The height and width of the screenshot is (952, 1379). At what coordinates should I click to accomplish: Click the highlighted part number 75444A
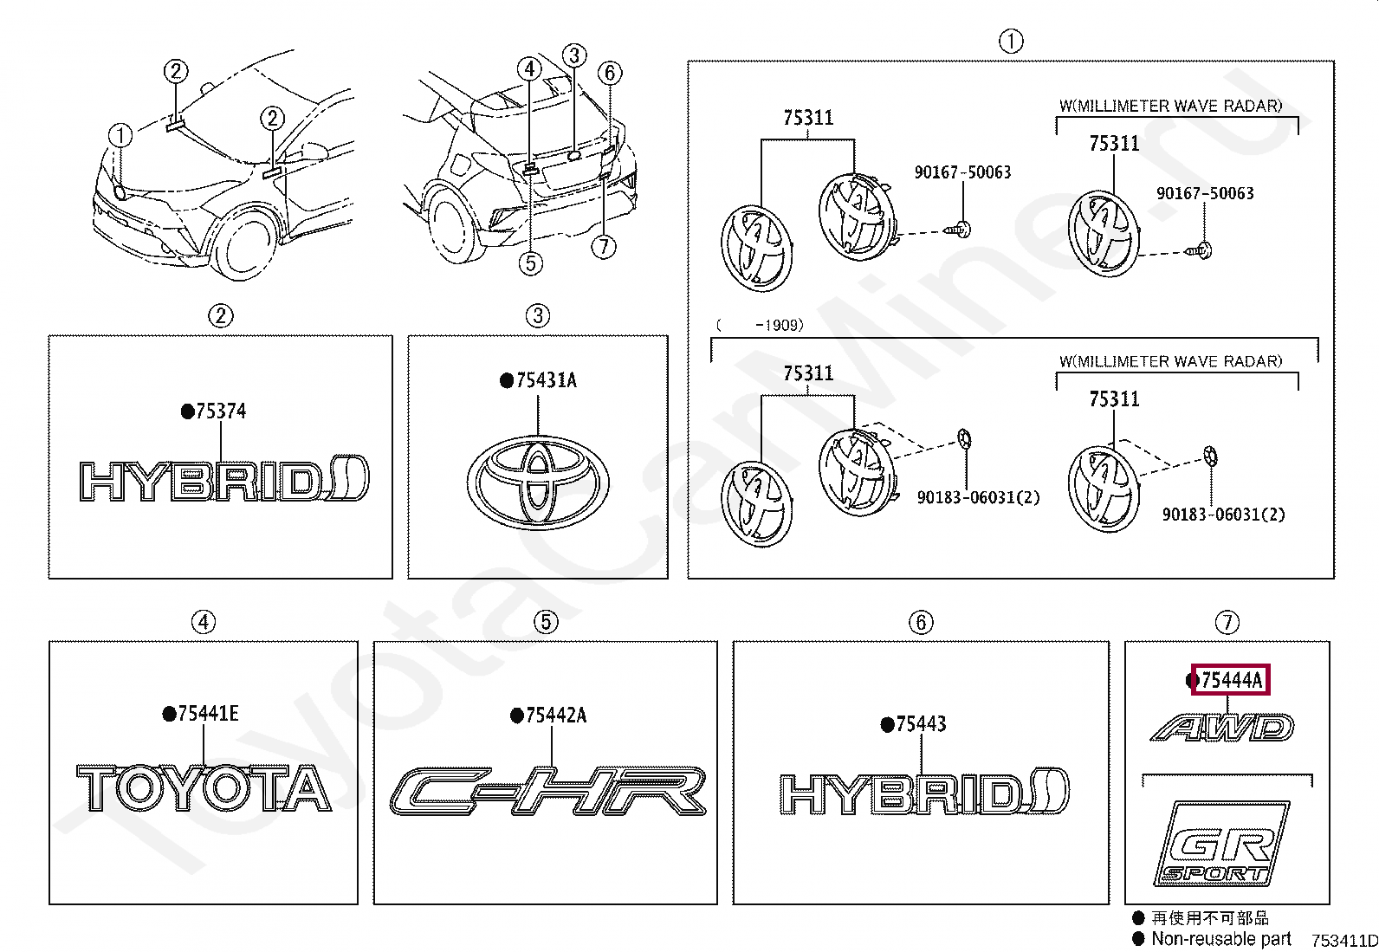coord(1230,680)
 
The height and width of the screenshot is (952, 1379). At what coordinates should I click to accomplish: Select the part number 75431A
coord(545,380)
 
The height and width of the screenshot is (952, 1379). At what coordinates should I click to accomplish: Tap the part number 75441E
coord(207,714)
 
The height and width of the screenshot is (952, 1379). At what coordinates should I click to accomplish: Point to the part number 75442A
coord(555,716)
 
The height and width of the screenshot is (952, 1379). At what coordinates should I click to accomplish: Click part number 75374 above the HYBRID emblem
coord(220,411)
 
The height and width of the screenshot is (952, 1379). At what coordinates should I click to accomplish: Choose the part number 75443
coord(920,724)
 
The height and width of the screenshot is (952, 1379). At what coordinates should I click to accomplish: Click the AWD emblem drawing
coord(1223,728)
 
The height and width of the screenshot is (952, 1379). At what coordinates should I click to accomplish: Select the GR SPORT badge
coord(1220,844)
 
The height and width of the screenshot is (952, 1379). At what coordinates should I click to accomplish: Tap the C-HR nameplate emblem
coord(547,791)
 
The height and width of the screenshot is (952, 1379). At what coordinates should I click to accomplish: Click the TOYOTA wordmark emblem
coord(204,788)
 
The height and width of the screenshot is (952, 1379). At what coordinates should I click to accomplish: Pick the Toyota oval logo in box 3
coord(538,482)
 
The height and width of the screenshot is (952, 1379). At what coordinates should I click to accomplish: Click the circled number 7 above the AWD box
coord(1227,622)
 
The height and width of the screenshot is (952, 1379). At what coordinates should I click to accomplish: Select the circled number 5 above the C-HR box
coord(546,622)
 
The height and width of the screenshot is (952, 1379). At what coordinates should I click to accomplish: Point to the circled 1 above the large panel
coord(1011,41)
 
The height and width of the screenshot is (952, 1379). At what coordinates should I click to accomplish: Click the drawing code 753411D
coord(1343,941)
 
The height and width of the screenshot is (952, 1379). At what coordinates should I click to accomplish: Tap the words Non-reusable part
coord(1220,939)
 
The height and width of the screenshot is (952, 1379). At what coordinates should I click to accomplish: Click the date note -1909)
coord(779,326)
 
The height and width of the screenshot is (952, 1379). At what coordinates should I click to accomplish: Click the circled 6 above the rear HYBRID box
coord(921,622)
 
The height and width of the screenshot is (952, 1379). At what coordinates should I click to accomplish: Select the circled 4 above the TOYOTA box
coord(204,622)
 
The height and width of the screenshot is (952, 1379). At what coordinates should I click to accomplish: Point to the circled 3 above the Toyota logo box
coord(538,315)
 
